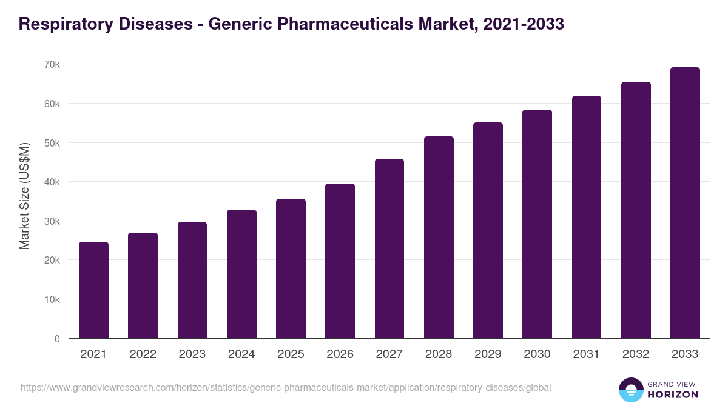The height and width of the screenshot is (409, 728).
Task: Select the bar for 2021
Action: [93, 290]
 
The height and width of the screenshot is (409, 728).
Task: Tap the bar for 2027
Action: [389, 248]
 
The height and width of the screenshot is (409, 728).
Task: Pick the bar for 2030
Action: [537, 224]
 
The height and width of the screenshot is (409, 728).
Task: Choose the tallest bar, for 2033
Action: [685, 203]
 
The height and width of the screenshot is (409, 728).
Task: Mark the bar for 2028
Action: [439, 238]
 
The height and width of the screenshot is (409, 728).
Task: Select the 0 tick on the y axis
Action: [57, 339]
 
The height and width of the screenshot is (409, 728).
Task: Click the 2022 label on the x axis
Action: [143, 354]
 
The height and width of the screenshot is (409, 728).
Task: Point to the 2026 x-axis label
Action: [340, 354]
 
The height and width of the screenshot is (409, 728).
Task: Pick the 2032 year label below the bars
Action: [636, 354]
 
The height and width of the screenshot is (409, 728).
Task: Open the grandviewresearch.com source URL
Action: [286, 387]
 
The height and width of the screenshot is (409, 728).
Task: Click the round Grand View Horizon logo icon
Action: [630, 390]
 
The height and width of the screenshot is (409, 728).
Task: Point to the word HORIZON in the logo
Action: [673, 394]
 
